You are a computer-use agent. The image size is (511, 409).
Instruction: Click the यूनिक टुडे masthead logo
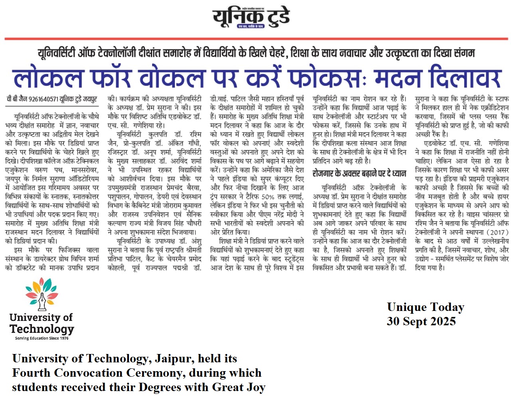tap(251, 18)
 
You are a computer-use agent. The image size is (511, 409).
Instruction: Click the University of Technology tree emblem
tap(42, 294)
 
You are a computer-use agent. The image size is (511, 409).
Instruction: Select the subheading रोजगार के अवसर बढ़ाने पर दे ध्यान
tap(359, 173)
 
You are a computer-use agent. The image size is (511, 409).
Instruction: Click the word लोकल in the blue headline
tap(48, 78)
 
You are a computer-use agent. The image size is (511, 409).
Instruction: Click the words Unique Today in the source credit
tap(425, 307)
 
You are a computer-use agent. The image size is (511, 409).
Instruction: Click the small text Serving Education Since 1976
tap(42, 338)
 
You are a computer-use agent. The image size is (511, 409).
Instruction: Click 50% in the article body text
tap(268, 197)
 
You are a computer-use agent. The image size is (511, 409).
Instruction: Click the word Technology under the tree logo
tap(42, 329)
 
